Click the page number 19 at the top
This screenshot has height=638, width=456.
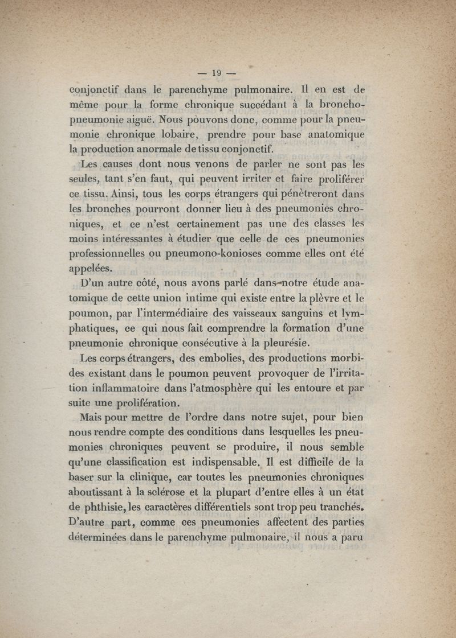(x=216, y=72)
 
